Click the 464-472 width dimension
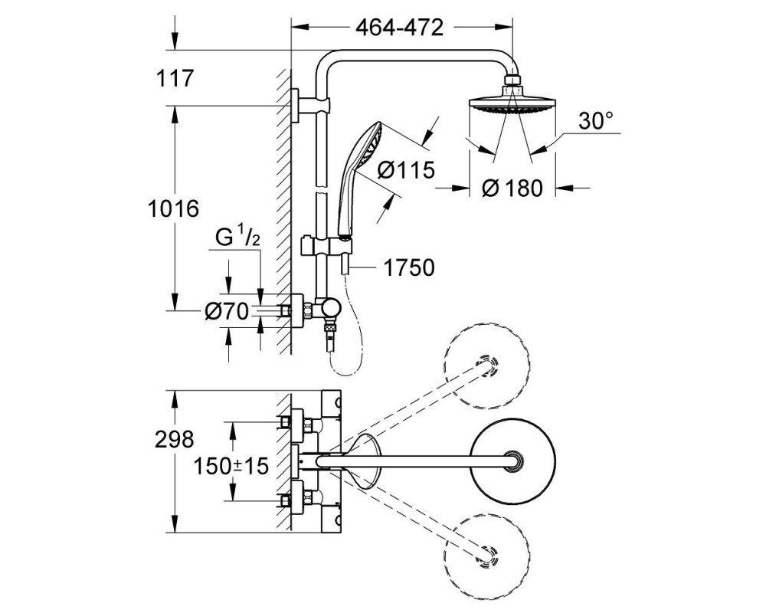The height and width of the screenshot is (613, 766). tap(399, 28)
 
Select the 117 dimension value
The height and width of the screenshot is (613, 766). tap(175, 78)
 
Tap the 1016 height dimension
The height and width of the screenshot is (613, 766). tap(173, 208)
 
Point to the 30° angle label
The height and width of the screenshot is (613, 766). tap(596, 121)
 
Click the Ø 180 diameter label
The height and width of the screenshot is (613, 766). tap(512, 188)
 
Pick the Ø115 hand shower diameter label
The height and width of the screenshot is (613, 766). tap(407, 170)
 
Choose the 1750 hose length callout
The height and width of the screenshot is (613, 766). tap(409, 268)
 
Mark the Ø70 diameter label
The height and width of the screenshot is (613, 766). tap(227, 311)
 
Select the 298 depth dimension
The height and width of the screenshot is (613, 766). tap(175, 440)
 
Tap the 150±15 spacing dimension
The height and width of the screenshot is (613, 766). tap(231, 466)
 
